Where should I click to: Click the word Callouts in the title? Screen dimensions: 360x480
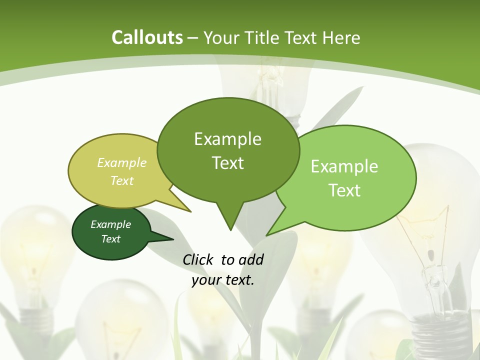coord(147,37)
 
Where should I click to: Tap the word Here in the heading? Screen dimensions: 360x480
coord(341,38)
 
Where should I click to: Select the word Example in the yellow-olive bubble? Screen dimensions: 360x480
coord(122,163)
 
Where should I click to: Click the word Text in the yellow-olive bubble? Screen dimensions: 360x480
coord(122,181)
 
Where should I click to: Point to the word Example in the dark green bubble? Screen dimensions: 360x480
coord(110,224)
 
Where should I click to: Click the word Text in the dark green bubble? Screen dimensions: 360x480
coord(110,239)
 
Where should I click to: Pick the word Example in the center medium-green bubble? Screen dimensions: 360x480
coord(227,139)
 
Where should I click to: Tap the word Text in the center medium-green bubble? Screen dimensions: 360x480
coord(227,163)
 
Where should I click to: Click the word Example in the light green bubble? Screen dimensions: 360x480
coord(344,166)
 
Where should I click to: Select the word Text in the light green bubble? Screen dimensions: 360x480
coord(344,190)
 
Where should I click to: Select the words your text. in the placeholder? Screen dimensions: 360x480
coord(223,280)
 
